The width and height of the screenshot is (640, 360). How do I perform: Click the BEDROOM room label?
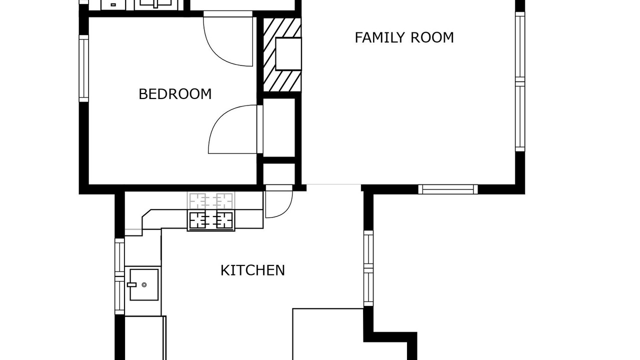(x=175, y=94)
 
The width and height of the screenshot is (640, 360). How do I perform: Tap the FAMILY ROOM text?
(x=404, y=37)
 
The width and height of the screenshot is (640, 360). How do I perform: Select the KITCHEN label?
(x=252, y=270)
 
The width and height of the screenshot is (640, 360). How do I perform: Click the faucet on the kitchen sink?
(x=131, y=284)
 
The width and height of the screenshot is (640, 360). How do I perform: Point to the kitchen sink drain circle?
(x=144, y=284)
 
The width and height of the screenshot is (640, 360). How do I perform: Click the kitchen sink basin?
(x=144, y=284)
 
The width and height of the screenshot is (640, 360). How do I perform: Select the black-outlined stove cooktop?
(x=211, y=220)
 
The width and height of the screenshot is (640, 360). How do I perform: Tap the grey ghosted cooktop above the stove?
(x=211, y=200)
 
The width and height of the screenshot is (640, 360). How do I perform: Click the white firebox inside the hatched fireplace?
(x=288, y=53)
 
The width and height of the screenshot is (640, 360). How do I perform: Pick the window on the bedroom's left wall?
(x=83, y=68)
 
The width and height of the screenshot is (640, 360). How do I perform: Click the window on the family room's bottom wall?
(x=448, y=189)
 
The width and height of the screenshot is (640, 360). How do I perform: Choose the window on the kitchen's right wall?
(x=368, y=268)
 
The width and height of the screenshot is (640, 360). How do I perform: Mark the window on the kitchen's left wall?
(x=119, y=276)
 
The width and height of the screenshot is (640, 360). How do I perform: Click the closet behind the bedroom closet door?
(x=279, y=127)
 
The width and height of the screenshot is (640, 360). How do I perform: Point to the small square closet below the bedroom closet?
(x=279, y=174)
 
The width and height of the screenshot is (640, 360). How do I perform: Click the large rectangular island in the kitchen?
(x=328, y=334)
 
